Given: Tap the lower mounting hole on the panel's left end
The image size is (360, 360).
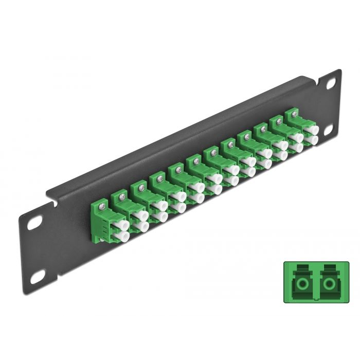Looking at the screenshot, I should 37,278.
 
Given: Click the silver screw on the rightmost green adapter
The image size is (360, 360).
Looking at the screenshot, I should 295,114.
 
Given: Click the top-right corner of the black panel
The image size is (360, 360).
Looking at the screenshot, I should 339,70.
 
